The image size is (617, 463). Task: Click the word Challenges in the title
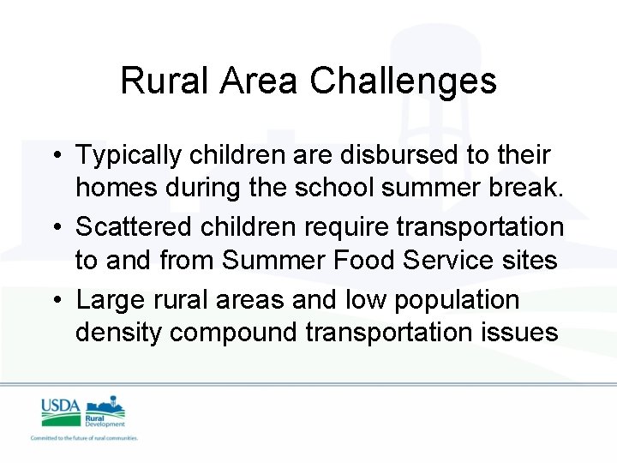click(x=403, y=81)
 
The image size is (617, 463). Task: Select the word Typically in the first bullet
click(x=129, y=156)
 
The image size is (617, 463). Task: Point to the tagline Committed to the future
click(x=84, y=437)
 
